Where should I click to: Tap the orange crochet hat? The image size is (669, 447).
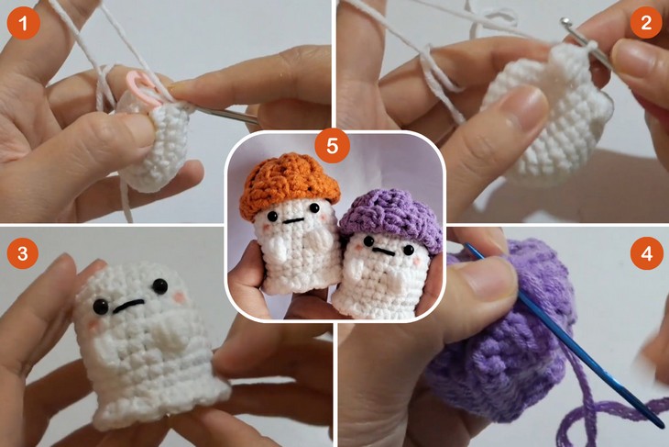pos(290,181)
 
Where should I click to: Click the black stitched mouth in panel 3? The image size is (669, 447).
pos(134,304)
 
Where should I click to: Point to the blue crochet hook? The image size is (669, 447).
pos(568,339)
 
